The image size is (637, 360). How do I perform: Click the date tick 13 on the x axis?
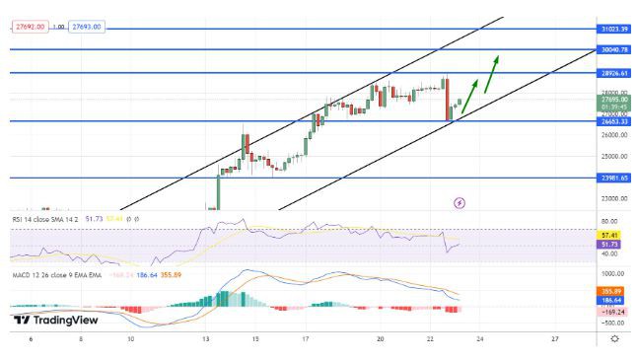coord(206,338)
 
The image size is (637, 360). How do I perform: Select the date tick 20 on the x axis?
coord(381,338)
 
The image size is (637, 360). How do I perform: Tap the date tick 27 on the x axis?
coord(555,338)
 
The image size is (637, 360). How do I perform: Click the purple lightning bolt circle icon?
coord(459,202)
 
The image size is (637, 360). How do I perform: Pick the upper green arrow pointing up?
coord(490,72)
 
